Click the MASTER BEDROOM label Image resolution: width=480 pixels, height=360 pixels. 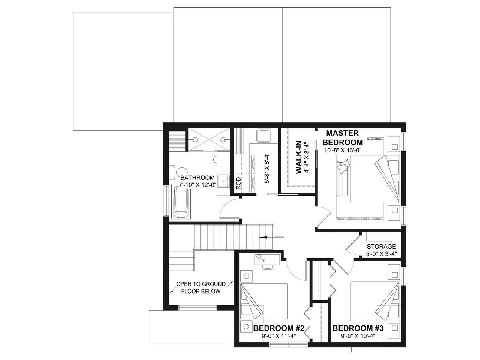(343, 137)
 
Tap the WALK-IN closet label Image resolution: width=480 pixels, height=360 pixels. (299, 157)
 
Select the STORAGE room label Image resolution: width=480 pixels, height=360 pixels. (381, 247)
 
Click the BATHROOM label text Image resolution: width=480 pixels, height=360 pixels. (197, 178)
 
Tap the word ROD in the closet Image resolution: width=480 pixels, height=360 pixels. (238, 183)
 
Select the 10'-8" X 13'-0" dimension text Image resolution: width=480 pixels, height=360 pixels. (342, 150)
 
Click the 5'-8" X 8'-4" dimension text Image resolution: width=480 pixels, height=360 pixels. (267, 169)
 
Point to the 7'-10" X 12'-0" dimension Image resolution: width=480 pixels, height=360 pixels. (197, 185)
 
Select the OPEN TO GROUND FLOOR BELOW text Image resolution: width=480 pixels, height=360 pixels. (201, 288)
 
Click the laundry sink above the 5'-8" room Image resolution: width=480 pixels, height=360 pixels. (264, 135)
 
